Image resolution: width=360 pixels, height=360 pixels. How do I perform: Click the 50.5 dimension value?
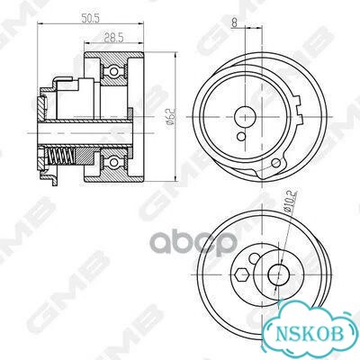(x=90, y=19)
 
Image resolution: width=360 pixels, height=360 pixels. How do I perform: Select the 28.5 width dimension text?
(x=114, y=38)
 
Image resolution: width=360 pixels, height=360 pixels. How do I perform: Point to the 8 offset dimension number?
(x=234, y=23)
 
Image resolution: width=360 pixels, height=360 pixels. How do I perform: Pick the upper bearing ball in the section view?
(x=113, y=71)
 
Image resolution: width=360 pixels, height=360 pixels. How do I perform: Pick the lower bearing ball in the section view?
(x=113, y=162)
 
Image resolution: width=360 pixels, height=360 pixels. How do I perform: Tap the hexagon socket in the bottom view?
(x=242, y=274)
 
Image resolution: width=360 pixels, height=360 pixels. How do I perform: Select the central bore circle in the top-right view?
(x=246, y=116)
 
